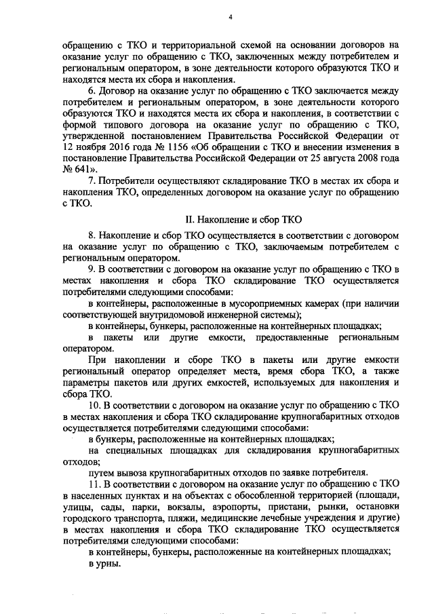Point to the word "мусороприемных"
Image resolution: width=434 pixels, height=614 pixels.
pos(273,303)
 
